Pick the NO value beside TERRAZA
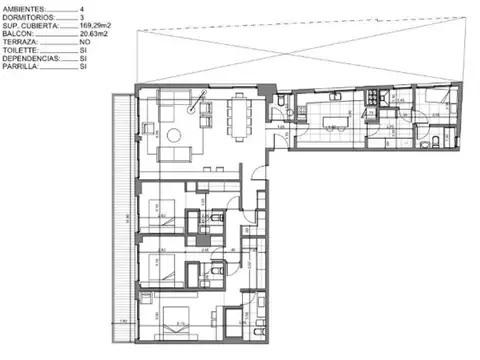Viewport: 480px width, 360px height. point(84,43)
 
